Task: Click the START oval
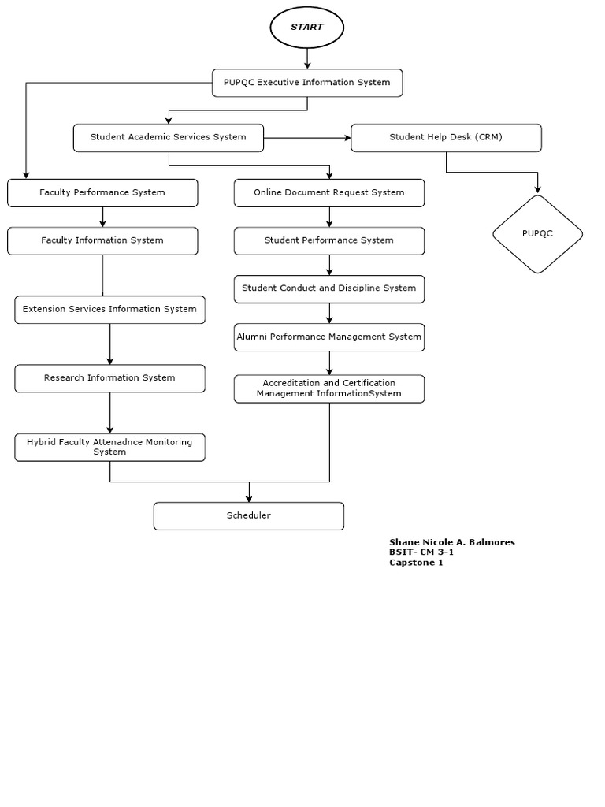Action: (306, 27)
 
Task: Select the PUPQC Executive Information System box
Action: (307, 83)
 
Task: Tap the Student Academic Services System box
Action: (169, 137)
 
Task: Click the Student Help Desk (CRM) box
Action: (446, 137)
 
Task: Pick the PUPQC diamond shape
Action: (537, 234)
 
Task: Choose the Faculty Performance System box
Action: (102, 192)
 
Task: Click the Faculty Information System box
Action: (102, 240)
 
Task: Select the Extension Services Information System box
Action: (109, 309)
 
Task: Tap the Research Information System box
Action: (109, 378)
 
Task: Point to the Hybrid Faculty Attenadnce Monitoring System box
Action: (109, 447)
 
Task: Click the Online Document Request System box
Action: (329, 192)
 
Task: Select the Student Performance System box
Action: (329, 240)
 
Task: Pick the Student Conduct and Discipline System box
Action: (329, 288)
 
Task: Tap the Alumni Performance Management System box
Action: (329, 337)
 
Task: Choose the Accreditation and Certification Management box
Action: (329, 389)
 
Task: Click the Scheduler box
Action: (249, 515)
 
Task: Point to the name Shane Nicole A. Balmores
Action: (451, 542)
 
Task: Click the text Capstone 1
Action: (416, 563)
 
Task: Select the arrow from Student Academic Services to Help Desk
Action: (307, 138)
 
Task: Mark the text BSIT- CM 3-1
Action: (421, 552)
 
